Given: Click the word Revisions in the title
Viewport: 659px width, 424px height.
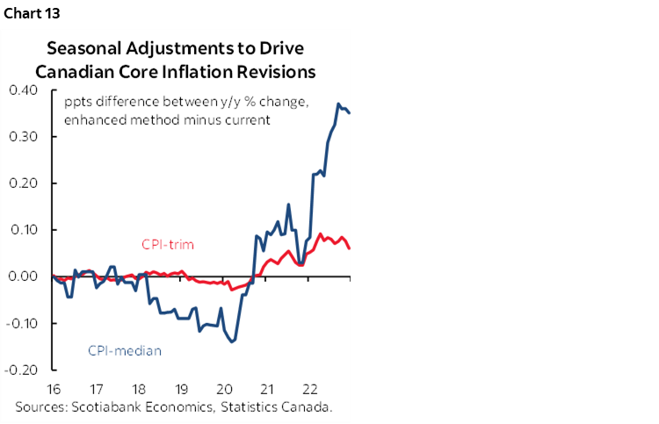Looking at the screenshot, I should click(274, 69).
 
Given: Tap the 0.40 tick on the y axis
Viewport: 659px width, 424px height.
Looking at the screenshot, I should click(24, 90).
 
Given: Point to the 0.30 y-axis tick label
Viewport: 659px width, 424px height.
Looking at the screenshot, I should click(24, 137).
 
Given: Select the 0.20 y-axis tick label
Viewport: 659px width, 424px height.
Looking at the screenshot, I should click(24, 183).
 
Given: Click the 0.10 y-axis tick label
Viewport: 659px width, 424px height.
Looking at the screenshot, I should click(24, 230).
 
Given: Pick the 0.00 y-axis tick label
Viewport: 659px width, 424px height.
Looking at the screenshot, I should click(24, 277).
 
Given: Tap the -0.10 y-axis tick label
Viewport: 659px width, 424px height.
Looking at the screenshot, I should click(22, 323).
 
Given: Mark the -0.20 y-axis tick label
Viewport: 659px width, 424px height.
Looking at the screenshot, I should click(22, 370).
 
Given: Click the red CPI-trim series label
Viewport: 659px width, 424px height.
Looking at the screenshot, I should click(167, 244).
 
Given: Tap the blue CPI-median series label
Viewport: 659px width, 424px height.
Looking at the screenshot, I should click(124, 350).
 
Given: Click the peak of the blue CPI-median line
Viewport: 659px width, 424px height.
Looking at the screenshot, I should click(338, 104).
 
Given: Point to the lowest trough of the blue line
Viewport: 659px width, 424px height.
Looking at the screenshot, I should click(233, 341).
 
